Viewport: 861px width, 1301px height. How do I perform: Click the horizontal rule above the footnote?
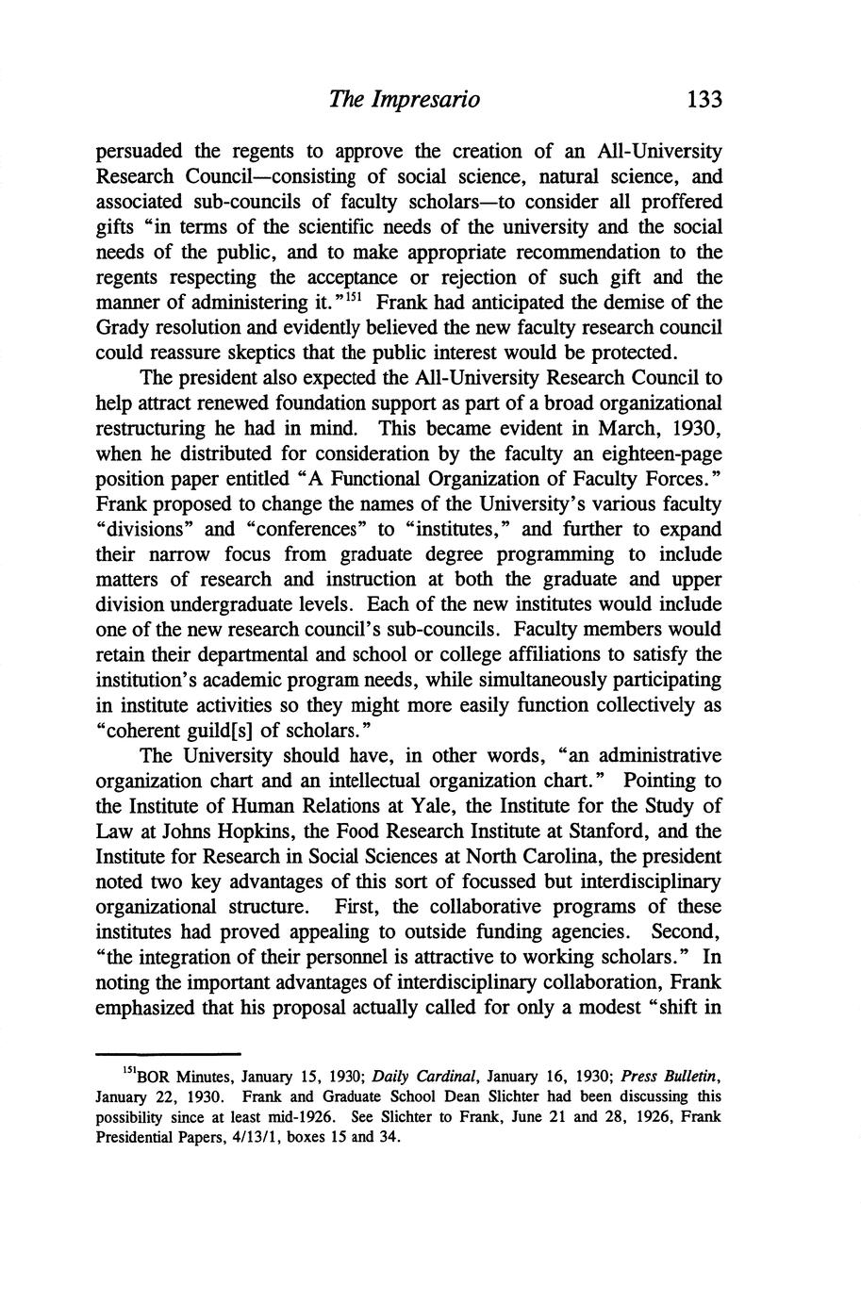(169, 1054)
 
